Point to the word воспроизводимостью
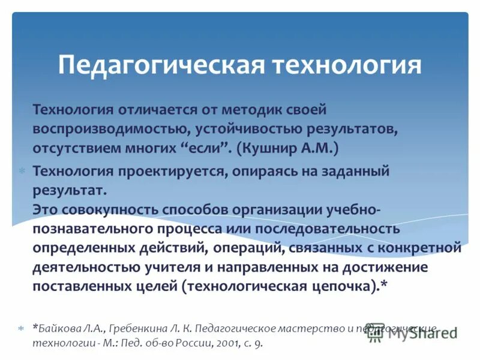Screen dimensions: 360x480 click(109, 128)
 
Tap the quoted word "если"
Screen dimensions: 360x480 click(198, 148)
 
